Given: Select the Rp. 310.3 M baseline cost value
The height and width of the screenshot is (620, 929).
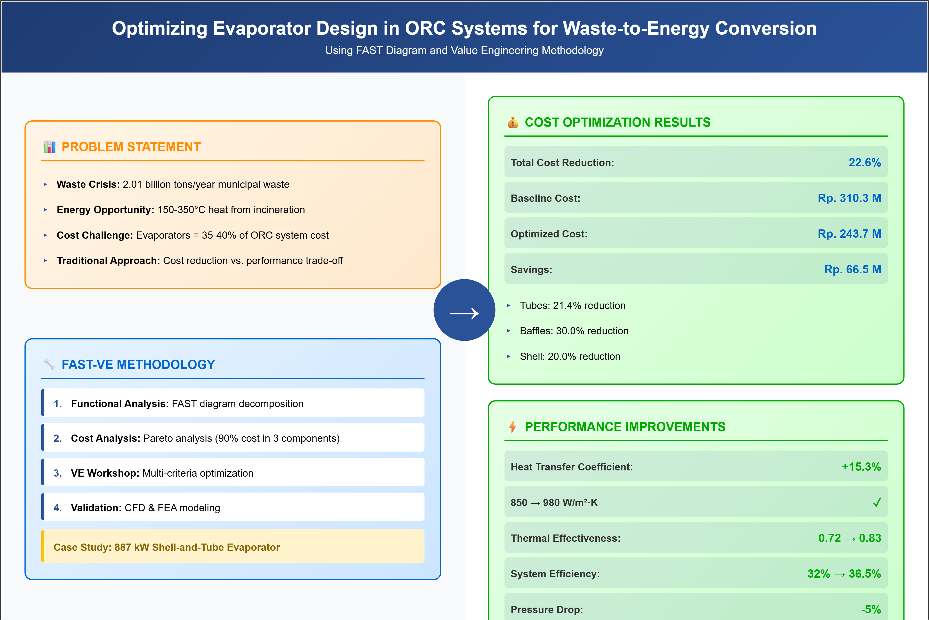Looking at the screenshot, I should [x=849, y=198].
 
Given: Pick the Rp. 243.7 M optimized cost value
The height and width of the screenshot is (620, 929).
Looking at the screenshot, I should [x=849, y=234].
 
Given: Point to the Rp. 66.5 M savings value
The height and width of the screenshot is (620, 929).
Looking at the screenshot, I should [x=852, y=269].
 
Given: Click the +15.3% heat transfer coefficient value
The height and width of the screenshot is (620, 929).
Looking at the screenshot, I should [x=861, y=467].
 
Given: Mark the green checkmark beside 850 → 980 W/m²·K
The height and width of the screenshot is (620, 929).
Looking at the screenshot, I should [x=877, y=502].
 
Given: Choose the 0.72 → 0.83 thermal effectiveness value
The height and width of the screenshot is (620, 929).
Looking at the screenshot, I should [x=849, y=538].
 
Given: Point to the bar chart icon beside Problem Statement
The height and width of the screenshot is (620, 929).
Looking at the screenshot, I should [x=49, y=147].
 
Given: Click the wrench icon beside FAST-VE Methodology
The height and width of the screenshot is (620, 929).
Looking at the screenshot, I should [x=49, y=364].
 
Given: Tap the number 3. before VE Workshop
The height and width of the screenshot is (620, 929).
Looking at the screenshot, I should [x=58, y=473].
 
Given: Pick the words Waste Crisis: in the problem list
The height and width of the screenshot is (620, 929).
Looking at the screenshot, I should [x=88, y=184].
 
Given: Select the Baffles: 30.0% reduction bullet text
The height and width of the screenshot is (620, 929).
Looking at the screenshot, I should [x=574, y=331].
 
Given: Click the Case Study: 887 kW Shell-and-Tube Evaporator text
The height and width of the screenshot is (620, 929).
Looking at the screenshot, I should [x=166, y=547].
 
